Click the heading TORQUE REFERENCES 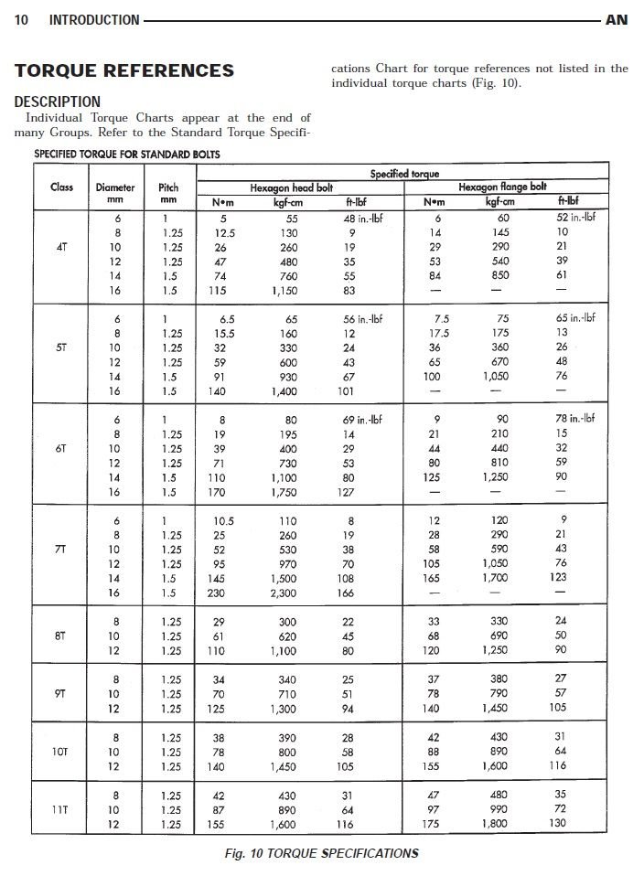(124, 70)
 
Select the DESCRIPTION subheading (58, 101)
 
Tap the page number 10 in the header (21, 19)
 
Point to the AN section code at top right (617, 19)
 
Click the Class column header (62, 187)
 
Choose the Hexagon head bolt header (292, 187)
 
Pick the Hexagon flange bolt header (502, 187)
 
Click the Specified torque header (404, 173)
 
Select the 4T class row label (62, 247)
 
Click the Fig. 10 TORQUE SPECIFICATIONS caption (321, 854)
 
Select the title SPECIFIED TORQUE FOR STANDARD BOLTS (127, 154)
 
